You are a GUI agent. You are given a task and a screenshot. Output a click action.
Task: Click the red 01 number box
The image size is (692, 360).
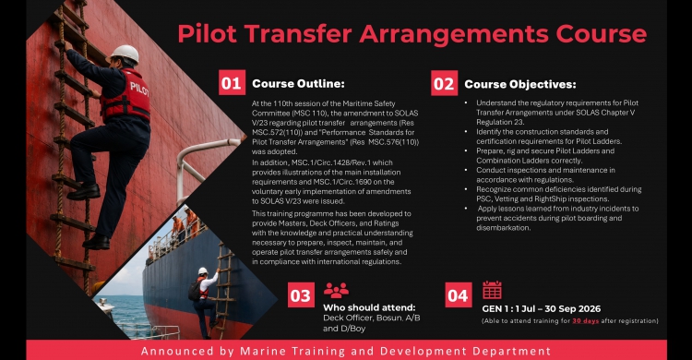232,82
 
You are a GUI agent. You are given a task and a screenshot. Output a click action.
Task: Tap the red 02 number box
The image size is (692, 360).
444,83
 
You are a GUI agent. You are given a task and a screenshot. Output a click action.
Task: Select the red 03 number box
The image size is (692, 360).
301,295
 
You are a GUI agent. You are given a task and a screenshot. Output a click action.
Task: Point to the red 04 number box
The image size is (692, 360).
458,295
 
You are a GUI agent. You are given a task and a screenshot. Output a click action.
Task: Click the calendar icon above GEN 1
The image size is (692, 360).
492,290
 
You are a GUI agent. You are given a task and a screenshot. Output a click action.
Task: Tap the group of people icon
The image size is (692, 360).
336,290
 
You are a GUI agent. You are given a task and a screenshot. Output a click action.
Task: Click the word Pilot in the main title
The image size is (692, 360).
207,34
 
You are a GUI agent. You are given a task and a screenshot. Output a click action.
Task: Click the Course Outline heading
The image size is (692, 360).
298,83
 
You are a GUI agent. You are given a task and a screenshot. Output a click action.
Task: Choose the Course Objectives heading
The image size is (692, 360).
520,84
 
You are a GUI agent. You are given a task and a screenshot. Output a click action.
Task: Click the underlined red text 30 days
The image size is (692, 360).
586,321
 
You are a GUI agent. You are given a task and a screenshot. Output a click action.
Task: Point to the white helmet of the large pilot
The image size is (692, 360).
125,54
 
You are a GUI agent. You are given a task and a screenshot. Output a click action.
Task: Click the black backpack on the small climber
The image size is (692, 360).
194,290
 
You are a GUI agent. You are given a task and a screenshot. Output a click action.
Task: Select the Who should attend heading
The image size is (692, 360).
369,307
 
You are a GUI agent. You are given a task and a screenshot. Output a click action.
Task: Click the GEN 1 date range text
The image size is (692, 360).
542,308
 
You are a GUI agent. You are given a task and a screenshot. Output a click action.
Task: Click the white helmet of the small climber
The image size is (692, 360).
203,270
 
